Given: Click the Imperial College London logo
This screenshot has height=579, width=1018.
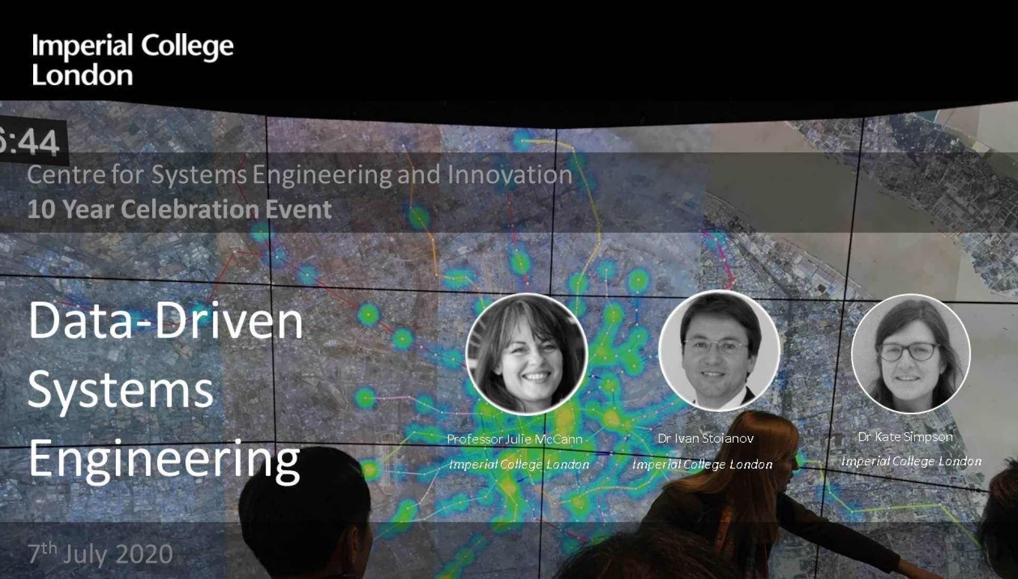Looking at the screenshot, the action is tap(133, 59).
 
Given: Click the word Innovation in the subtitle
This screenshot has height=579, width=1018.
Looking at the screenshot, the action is tap(510, 174).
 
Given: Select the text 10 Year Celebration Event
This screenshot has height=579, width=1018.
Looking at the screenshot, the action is tap(179, 209).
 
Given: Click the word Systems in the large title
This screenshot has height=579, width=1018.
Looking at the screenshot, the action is tap(121, 390).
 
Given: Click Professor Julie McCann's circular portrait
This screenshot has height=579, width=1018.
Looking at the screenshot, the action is tap(526, 354).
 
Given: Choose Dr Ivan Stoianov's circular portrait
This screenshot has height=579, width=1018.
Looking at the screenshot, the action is tap(719, 351).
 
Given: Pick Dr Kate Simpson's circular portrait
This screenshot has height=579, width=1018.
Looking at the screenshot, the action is tap(911, 353).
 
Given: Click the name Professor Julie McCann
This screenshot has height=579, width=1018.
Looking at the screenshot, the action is tap(515, 439).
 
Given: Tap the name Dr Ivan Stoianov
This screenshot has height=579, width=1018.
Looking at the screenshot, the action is tap(705, 438).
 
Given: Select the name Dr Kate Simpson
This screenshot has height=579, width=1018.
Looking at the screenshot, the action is tap(905, 436).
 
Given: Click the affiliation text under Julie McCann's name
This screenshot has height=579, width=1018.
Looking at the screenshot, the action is tap(519, 464).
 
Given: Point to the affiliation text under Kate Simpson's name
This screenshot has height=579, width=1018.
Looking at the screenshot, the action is tap(911, 461).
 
